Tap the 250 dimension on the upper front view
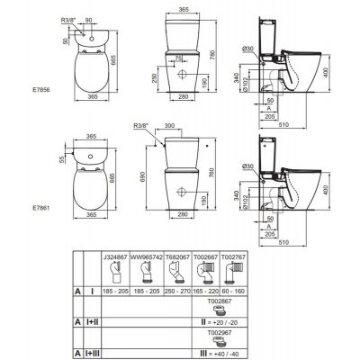[x=156, y=80]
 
